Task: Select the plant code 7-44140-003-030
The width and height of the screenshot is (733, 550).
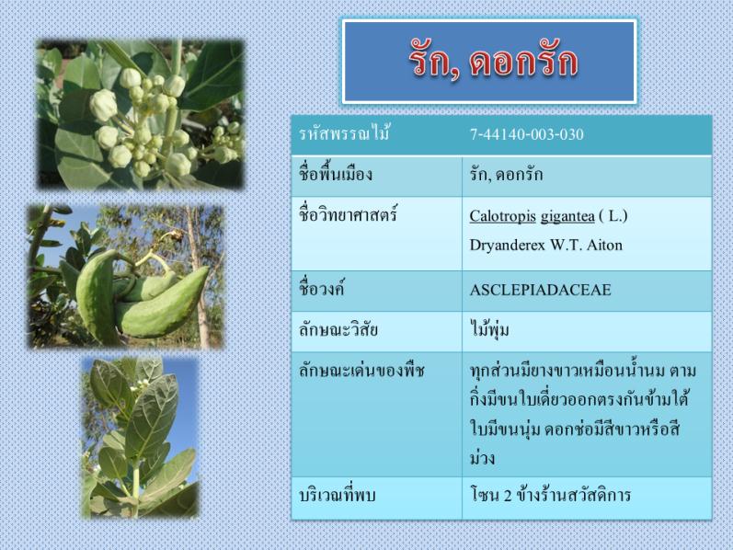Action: [527, 134]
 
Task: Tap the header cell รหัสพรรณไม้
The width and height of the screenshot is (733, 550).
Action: [345, 133]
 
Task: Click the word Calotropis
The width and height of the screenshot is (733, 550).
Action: [502, 216]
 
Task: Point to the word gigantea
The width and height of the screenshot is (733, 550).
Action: [567, 217]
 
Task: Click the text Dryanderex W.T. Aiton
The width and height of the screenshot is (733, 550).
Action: [546, 245]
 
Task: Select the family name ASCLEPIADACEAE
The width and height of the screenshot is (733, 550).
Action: [541, 290]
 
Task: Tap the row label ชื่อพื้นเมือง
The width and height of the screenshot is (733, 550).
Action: [336, 175]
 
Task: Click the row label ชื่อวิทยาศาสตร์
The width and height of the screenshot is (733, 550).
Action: [349, 215]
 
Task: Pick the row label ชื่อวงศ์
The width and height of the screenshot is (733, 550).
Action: [322, 289]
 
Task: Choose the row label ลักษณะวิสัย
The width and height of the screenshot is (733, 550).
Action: [338, 330]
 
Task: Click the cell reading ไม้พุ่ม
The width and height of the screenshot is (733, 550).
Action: [489, 329]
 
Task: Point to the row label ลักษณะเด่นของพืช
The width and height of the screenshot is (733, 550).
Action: [361, 371]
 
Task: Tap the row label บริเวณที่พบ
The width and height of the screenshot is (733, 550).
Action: [337, 496]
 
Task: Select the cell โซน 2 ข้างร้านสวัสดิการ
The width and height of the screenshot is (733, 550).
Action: [550, 495]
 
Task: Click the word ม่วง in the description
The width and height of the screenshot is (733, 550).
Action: [482, 457]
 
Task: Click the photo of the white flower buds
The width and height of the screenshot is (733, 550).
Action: [140, 115]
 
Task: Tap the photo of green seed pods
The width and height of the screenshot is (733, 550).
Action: [125, 277]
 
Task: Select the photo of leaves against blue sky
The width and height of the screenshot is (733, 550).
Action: [141, 438]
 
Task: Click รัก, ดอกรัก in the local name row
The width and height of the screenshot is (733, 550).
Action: [506, 175]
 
